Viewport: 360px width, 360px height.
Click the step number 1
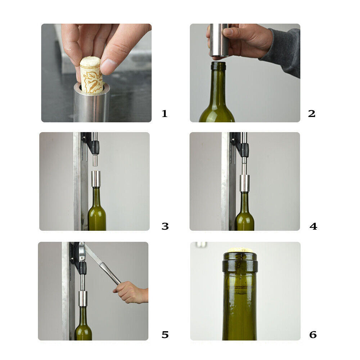(x=165, y=114)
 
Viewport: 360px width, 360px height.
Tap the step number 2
(x=312, y=114)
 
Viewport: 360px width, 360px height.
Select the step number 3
(x=165, y=226)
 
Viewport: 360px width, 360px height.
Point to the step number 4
(x=313, y=226)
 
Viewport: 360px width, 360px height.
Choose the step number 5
(x=165, y=335)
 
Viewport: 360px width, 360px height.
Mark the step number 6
(x=313, y=335)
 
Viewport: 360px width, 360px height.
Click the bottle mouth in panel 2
(x=218, y=66)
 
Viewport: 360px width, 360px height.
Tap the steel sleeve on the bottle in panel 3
(x=95, y=179)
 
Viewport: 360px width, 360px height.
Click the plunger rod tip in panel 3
(x=95, y=160)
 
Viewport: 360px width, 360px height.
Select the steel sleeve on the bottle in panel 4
(x=244, y=183)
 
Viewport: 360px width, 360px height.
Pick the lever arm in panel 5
(x=104, y=266)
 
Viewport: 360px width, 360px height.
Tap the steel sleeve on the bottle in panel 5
(x=83, y=298)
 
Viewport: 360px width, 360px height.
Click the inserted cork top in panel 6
(x=239, y=250)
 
